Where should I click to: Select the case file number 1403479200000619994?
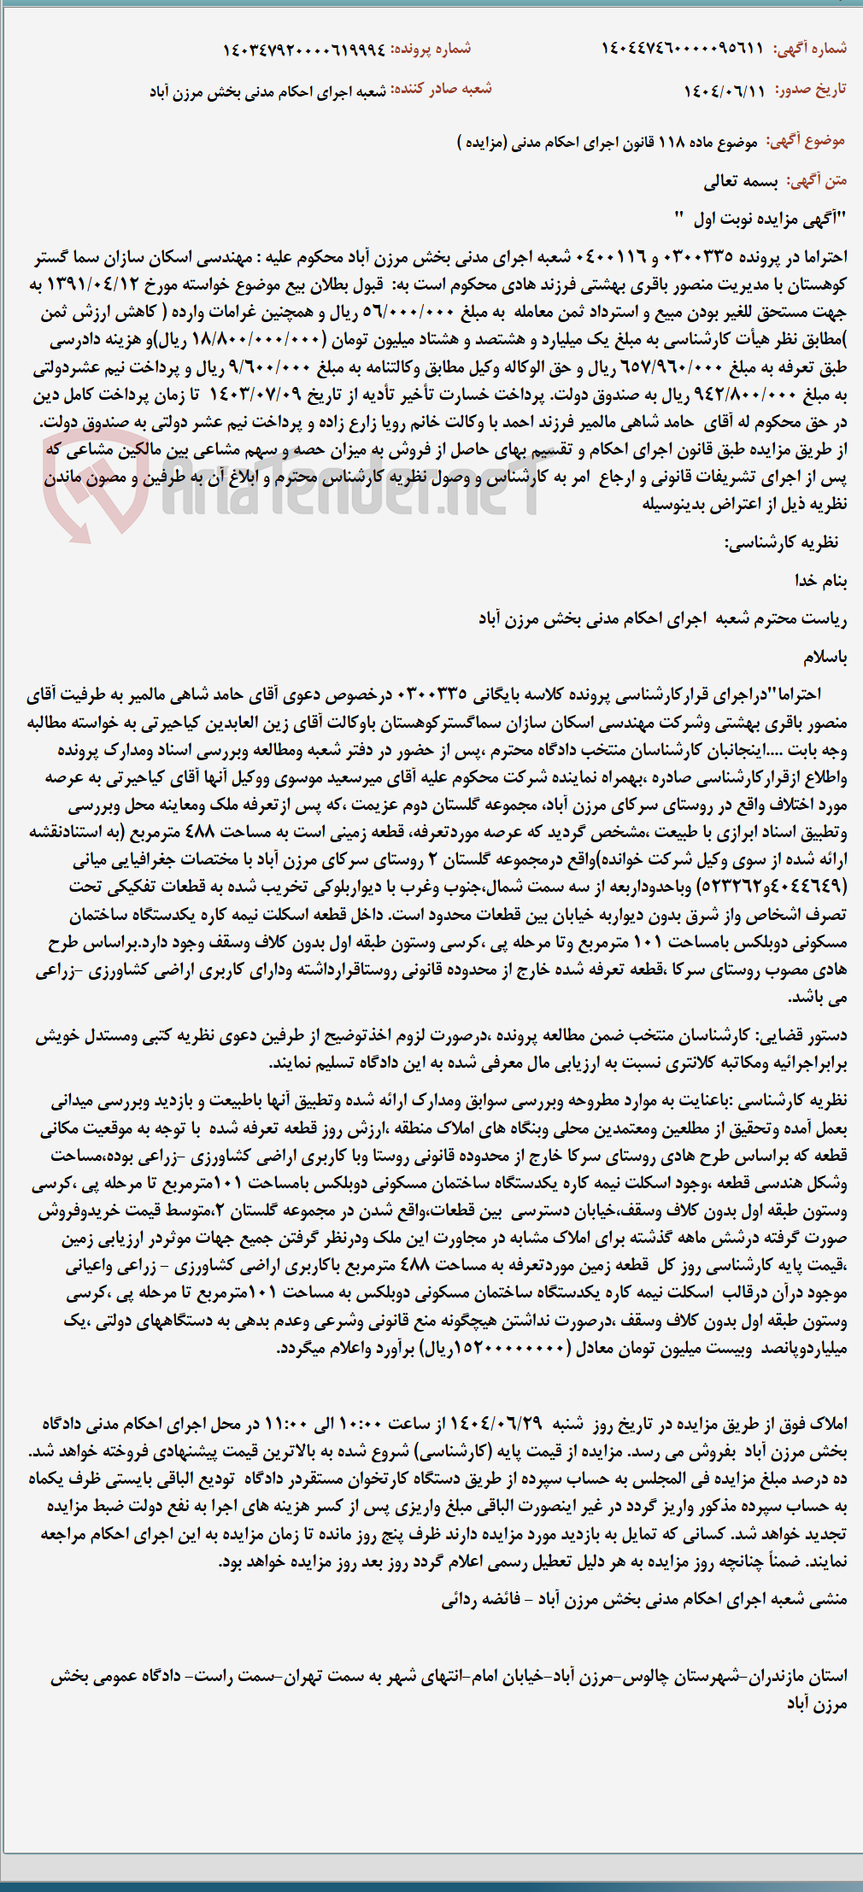304,49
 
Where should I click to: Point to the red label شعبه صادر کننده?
441,89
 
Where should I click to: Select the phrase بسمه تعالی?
740,180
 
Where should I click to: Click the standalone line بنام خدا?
820,581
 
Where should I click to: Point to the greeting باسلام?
825,657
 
